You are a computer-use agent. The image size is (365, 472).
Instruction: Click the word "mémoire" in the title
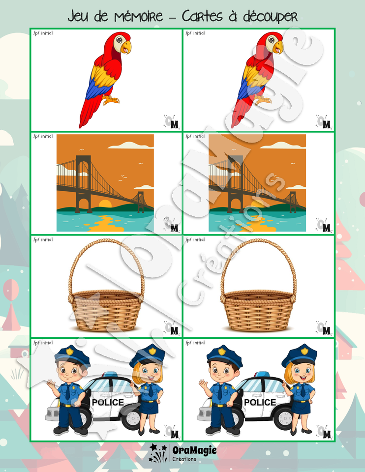tap(139, 16)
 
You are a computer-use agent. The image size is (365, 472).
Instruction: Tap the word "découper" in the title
tap(270, 17)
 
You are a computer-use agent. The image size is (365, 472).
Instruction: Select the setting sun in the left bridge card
tap(105, 204)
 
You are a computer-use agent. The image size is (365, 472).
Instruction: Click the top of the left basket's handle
tap(105, 241)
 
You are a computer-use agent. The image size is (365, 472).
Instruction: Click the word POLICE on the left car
tap(108, 403)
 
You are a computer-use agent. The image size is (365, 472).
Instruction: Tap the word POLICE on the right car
tap(260, 403)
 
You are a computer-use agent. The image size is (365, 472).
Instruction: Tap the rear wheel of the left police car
tap(132, 418)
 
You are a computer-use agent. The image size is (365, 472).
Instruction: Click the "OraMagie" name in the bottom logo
tap(194, 450)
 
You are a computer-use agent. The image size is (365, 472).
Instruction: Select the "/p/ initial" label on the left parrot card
tap(43, 33)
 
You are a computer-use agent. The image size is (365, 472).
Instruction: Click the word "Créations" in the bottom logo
tap(184, 459)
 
